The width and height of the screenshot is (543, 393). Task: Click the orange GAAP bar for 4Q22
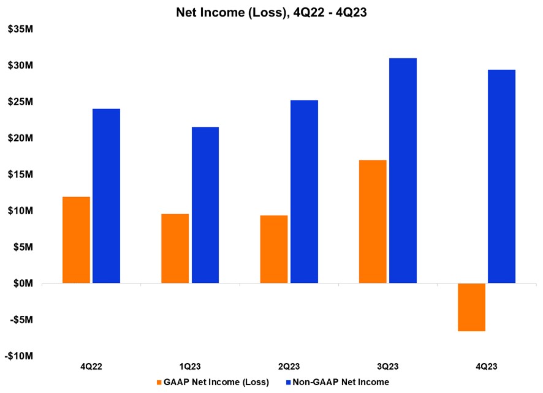tap(76, 240)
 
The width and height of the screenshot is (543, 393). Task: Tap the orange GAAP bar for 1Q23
tap(175, 249)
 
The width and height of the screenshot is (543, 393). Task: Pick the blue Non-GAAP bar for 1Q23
tap(205, 205)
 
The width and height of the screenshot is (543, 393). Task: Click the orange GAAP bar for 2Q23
tap(274, 249)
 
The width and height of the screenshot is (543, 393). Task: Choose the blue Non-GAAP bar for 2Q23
tap(304, 192)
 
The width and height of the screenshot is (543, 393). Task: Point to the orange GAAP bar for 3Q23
tap(373, 222)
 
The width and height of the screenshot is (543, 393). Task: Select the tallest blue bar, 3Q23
tap(403, 171)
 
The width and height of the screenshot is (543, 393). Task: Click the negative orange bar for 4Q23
tap(471, 307)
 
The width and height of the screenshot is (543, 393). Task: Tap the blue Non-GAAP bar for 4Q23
tap(501, 176)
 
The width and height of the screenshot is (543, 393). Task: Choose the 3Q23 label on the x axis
tap(387, 367)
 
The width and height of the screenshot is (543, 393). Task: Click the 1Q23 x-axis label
tap(189, 367)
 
